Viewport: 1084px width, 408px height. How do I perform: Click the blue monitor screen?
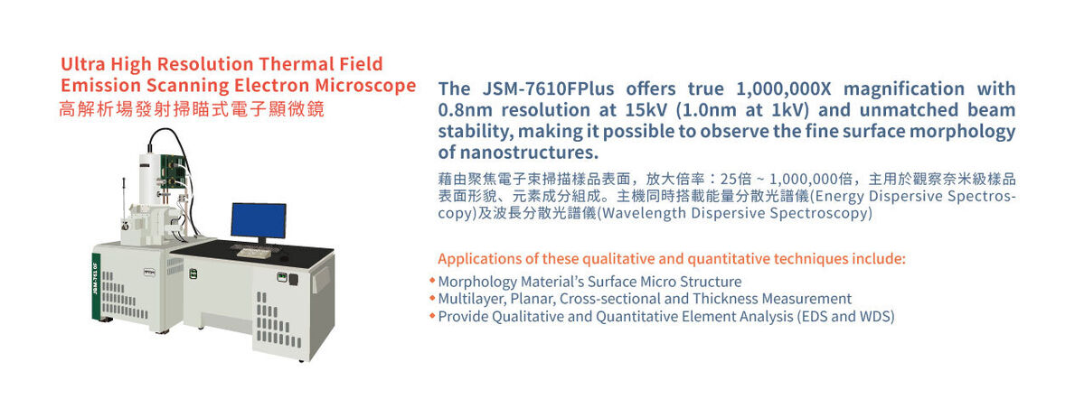258,221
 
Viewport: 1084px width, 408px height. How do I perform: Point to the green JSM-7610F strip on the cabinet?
96,286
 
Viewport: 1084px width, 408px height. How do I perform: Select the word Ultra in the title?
80,63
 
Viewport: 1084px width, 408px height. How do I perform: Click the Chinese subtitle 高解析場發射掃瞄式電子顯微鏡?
193,109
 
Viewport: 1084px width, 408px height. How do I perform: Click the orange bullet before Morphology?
432,281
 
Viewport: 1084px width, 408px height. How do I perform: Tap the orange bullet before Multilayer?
432,298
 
